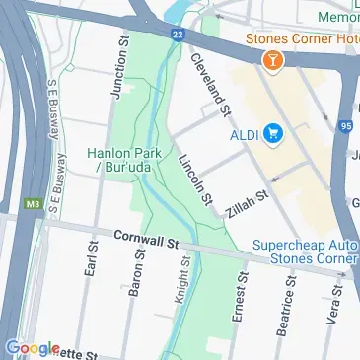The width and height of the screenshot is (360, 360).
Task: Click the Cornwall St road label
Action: coord(144,239)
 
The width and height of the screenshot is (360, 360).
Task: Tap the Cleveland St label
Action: coord(211,83)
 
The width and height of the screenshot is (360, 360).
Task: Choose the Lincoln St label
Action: coord(196,180)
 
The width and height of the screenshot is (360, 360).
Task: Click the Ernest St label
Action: coord(237,294)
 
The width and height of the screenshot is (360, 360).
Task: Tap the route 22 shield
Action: coord(176,34)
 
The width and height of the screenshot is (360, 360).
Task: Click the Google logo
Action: coord(32,348)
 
